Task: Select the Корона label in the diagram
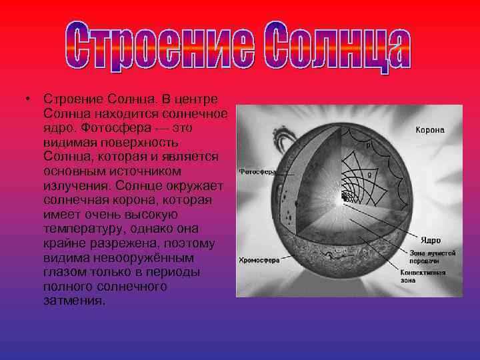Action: tap(430, 130)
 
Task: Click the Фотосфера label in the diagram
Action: tap(257, 171)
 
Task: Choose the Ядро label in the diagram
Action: tap(429, 238)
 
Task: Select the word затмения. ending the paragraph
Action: tap(73, 300)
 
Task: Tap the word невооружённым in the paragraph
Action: tap(146, 257)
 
